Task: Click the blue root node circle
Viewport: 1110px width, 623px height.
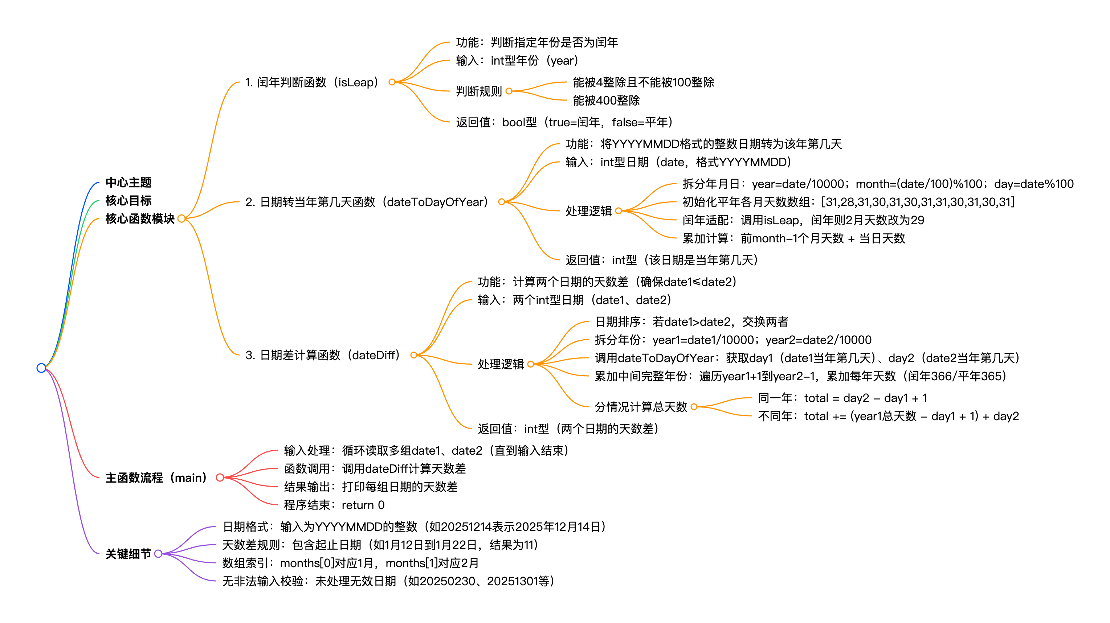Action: pos(41,368)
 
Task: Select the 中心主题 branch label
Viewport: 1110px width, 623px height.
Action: pos(128,182)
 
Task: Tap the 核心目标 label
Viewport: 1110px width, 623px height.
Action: pos(128,200)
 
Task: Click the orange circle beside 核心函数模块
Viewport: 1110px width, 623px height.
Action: pos(181,218)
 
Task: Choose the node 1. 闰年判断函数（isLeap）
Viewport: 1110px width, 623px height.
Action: pos(311,82)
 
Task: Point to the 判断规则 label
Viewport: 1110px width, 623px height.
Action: pos(479,91)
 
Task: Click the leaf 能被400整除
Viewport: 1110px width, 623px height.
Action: pos(606,101)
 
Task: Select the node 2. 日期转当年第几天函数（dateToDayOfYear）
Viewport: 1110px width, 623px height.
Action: pos(366,202)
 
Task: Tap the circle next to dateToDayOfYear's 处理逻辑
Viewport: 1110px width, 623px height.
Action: pos(619,211)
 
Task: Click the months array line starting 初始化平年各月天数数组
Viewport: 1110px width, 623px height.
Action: pos(848,202)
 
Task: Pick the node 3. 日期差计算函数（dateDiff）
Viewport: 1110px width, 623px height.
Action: pos(322,355)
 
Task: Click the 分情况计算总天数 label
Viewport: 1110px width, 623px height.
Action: pos(640,407)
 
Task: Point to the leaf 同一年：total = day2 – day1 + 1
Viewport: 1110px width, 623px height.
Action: pos(842,398)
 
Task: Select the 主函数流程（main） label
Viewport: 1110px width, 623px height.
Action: pos(156,478)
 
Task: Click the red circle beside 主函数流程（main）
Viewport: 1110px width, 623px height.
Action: pos(220,478)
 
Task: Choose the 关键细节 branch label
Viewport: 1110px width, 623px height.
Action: pos(128,554)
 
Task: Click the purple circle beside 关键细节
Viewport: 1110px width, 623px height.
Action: pos(158,554)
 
